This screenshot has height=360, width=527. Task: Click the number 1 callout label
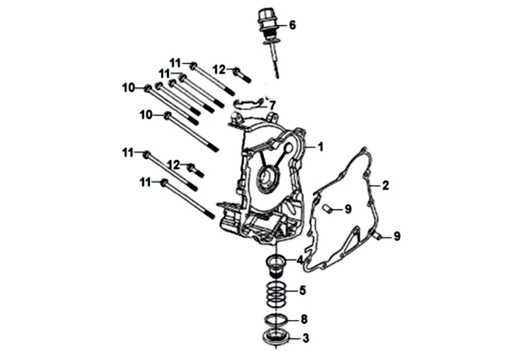click(x=320, y=146)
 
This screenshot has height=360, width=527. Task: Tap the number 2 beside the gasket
click(x=385, y=185)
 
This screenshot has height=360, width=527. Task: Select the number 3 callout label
click(x=306, y=338)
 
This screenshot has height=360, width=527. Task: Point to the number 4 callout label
click(x=300, y=260)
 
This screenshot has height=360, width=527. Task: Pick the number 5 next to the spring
click(x=302, y=290)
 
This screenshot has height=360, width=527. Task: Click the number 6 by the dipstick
click(x=293, y=25)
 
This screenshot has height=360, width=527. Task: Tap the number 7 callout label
click(x=272, y=105)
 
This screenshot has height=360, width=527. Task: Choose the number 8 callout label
click(x=304, y=319)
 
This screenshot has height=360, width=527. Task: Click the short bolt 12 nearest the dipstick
click(x=242, y=74)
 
